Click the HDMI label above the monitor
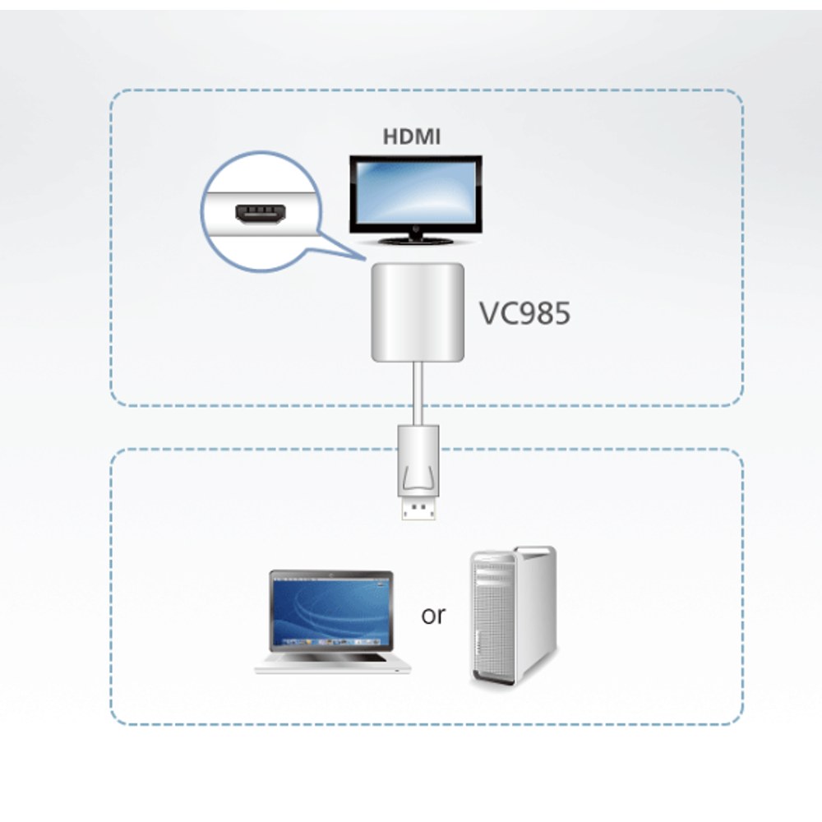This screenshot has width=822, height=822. (411, 136)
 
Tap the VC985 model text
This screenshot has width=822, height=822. (524, 313)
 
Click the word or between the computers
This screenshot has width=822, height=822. (433, 615)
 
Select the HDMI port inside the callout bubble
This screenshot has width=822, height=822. (261, 214)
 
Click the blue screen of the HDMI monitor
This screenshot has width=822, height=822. (416, 194)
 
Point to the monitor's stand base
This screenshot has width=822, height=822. (416, 241)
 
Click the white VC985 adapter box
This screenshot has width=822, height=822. (418, 312)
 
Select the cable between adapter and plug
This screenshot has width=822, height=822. (418, 393)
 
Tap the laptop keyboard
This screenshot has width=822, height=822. (331, 658)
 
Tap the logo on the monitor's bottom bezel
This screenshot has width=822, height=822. (416, 229)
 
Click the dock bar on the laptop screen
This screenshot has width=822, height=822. (331, 642)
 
